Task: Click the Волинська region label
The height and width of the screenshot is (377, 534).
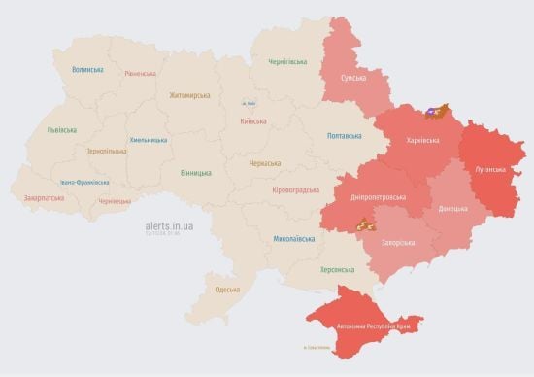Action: (87, 70)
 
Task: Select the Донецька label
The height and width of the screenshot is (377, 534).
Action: (451, 208)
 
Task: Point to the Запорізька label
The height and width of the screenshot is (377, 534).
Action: (400, 243)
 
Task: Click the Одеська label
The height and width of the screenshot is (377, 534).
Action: (227, 290)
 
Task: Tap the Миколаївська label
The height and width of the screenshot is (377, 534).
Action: (294, 238)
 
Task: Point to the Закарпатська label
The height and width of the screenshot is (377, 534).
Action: (44, 198)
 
